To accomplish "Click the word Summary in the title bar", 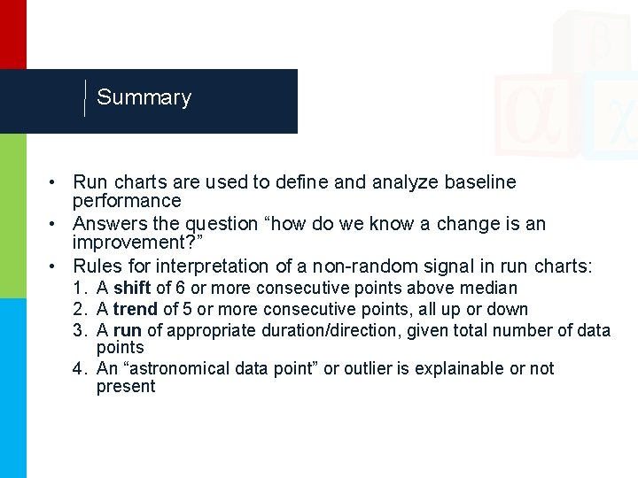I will pos(144,97).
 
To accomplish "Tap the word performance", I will pos(127,202).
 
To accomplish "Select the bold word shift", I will pos(132,289).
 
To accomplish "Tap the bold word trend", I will pos(135,310).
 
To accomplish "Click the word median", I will pos(490,289).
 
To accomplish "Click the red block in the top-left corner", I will pos(12,34).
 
